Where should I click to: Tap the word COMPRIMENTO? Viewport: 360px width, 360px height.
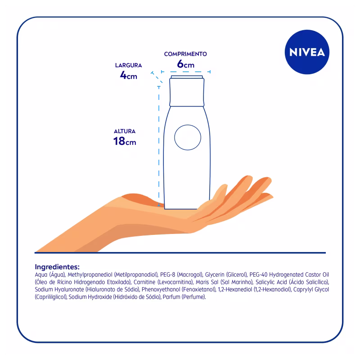coord(185,54)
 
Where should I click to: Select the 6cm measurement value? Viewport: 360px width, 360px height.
coord(185,64)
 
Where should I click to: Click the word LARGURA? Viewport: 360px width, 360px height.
coord(128,65)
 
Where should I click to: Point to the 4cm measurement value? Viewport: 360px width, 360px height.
coord(128,76)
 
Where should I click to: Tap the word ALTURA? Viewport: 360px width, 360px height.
coord(125,131)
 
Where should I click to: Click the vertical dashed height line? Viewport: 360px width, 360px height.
coord(159,144)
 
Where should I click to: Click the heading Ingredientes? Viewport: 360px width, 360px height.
coord(57,266)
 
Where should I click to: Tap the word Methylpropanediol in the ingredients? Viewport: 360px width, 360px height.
coord(90,275)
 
